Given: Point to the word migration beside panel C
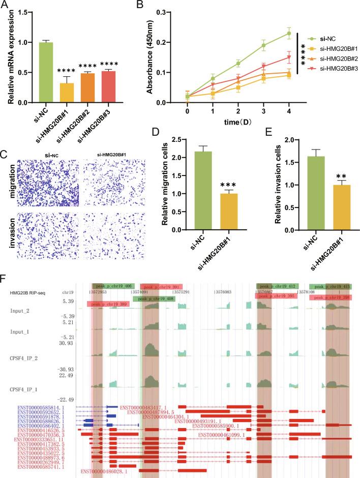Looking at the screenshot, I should tap(7, 176).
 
